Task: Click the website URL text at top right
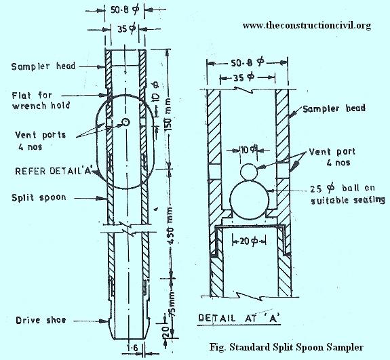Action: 307,26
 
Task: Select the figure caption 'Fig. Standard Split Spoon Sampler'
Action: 286,347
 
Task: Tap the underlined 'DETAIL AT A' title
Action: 239,318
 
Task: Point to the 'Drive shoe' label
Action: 41,320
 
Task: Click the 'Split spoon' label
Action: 39,198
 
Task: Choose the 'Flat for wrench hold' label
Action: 41,100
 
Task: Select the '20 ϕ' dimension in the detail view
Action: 249,241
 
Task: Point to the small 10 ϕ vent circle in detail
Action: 249,172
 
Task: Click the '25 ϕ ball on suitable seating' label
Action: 348,194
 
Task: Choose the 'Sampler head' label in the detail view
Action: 334,108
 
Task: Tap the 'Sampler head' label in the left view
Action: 43,66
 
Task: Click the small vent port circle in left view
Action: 125,122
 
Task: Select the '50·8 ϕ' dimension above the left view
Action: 125,10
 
